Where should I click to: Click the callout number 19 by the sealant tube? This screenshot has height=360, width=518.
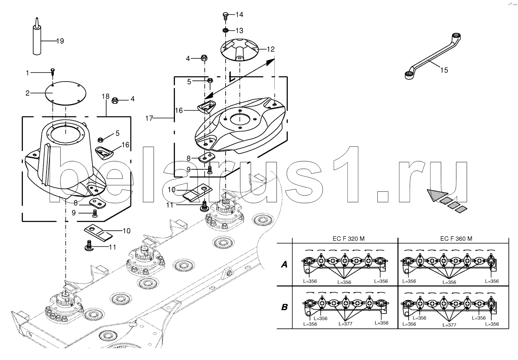pos(60,41)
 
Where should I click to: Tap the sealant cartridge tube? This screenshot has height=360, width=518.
pos(37,37)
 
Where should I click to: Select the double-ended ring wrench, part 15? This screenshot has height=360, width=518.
pos(433,56)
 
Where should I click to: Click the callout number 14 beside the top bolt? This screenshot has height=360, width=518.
pos(239,14)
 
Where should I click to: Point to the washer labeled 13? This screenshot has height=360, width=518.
pos(226,30)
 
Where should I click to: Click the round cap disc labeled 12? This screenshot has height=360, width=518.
pos(239,50)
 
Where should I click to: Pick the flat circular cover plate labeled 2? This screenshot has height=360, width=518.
pos(66,93)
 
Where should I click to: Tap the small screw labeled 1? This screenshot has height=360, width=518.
pos(53,72)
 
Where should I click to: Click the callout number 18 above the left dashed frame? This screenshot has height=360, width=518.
pos(106,96)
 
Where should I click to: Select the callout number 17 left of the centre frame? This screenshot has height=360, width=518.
pos(149,119)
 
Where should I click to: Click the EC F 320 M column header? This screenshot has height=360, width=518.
pos(348,238)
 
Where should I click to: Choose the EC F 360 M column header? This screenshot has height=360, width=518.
pos(456,238)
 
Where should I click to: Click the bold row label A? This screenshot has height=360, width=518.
pos(284,264)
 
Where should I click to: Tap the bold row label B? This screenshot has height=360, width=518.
pos(284,307)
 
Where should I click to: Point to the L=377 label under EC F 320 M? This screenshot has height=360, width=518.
pos(345,324)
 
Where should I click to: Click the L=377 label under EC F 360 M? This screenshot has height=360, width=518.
pos(449,325)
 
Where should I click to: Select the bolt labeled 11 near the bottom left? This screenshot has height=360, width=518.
pos(88,246)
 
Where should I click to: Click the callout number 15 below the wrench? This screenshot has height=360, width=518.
pos(444,70)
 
